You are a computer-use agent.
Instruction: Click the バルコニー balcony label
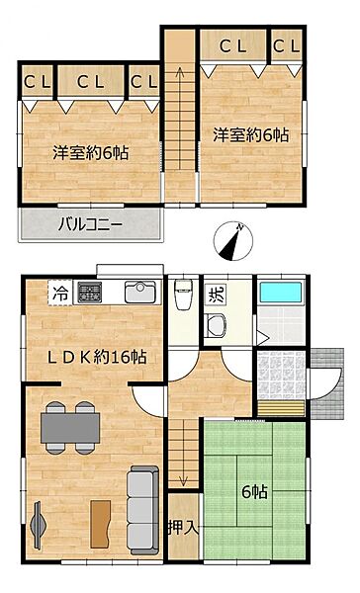tap(90, 224)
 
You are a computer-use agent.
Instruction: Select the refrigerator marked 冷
tap(60, 293)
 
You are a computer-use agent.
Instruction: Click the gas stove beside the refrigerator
tap(90, 293)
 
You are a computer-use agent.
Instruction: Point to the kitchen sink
tap(138, 294)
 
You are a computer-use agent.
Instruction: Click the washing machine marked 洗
tap(216, 293)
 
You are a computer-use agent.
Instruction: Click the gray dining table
tap(69, 426)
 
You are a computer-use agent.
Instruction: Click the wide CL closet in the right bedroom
tap(233, 45)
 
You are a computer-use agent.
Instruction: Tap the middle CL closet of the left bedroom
tap(92, 82)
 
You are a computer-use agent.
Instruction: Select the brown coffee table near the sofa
tap(100, 518)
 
